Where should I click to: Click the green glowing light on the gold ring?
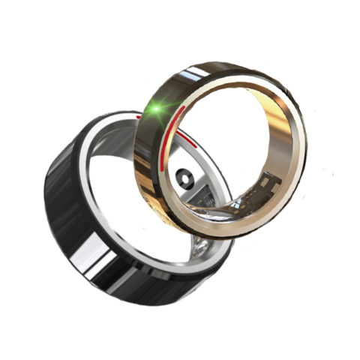pyautogui.click(x=157, y=111)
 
